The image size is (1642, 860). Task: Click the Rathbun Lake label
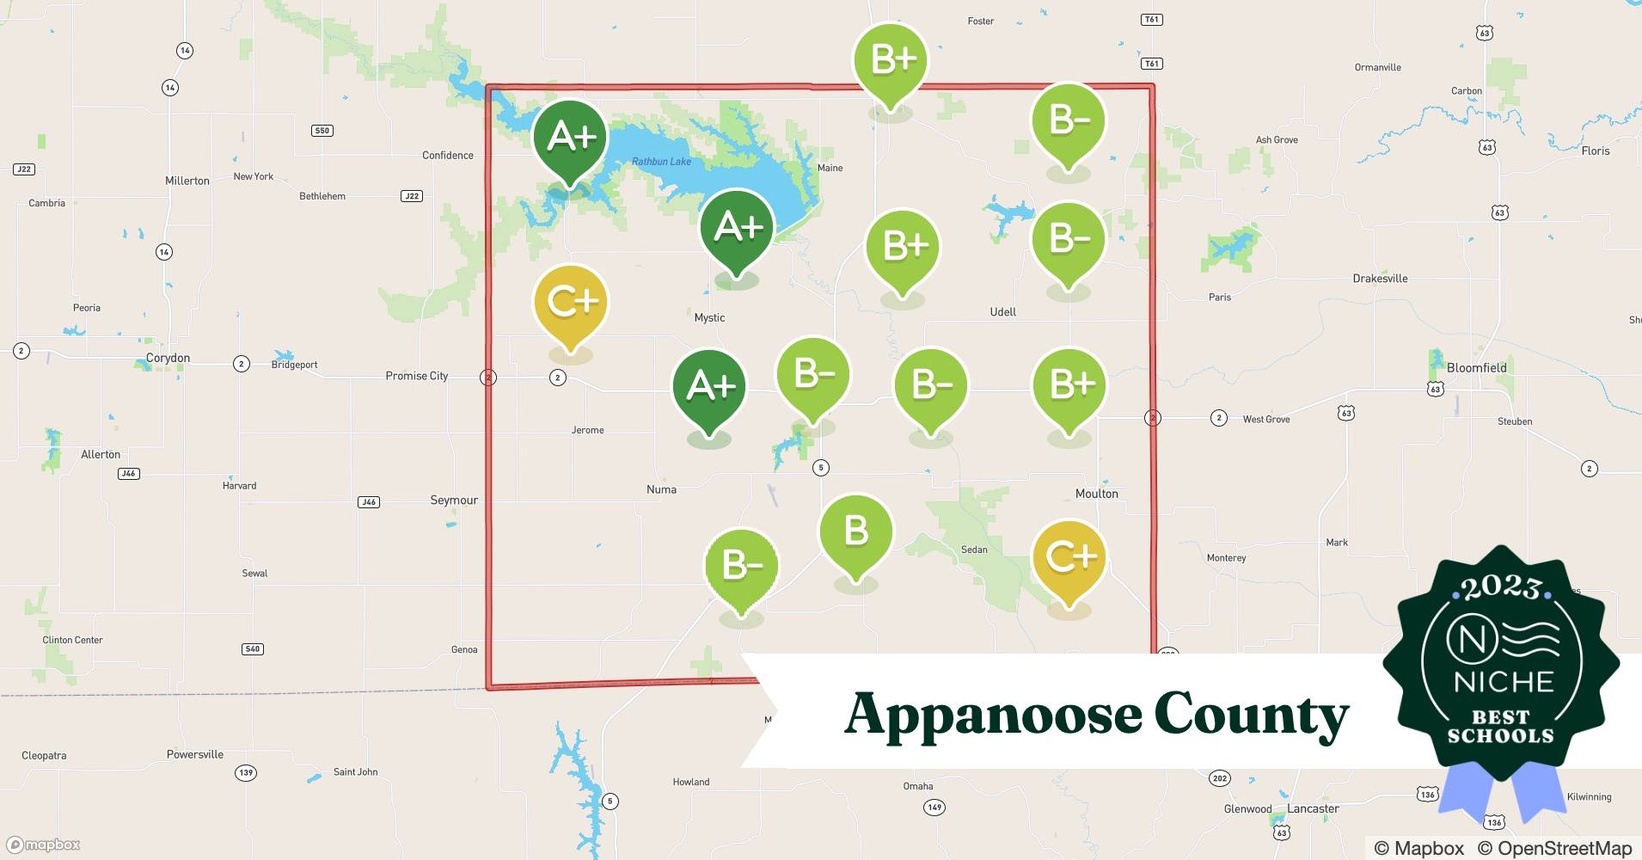(661, 162)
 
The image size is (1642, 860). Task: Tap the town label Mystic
(709, 317)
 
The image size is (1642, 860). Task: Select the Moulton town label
(1096, 494)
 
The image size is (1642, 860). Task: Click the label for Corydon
(168, 358)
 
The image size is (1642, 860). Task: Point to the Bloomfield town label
(1476, 367)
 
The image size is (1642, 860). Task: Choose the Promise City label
(416, 376)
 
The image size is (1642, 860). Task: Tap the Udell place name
(1002, 311)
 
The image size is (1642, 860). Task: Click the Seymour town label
(454, 500)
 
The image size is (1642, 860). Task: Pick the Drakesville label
(1380, 279)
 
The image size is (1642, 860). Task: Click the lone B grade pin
(855, 533)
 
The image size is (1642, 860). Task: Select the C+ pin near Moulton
(1069, 559)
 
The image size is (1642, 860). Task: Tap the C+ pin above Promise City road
(571, 303)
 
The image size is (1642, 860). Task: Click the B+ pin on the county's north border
(891, 60)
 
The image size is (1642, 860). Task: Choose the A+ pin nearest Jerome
(709, 388)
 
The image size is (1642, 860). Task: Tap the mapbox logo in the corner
(44, 845)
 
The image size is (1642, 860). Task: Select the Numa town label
(661, 489)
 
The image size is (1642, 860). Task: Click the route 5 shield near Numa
(821, 468)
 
